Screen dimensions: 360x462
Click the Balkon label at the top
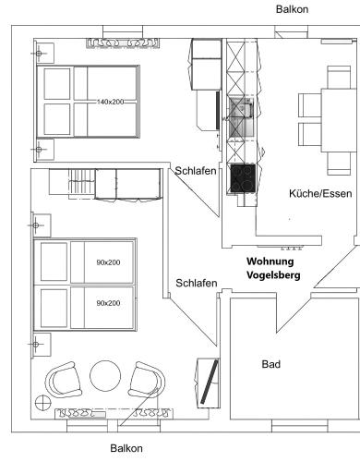point(292,9)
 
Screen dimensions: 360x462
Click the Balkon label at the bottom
point(126,448)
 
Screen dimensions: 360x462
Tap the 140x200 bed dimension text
point(110,102)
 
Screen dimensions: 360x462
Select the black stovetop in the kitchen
point(243,178)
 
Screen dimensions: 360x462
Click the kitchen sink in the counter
point(241,117)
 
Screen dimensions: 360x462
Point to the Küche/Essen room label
point(320,193)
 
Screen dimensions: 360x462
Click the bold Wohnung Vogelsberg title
point(273,268)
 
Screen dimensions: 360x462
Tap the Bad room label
point(271,364)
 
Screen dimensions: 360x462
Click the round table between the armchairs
point(105,376)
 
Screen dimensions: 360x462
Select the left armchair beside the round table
point(64,380)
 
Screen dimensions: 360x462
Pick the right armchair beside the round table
point(147,380)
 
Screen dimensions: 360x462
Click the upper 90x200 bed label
point(108,262)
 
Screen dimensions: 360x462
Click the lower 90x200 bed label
point(108,303)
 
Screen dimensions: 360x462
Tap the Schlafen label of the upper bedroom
point(196,171)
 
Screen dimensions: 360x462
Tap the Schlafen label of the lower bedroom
point(197,283)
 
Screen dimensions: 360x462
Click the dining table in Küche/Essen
point(340,120)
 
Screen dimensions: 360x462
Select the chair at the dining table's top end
point(339,77)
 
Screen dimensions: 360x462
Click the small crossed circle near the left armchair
point(42,403)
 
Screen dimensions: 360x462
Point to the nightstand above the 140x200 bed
point(44,54)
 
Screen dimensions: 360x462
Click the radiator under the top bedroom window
point(123,43)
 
